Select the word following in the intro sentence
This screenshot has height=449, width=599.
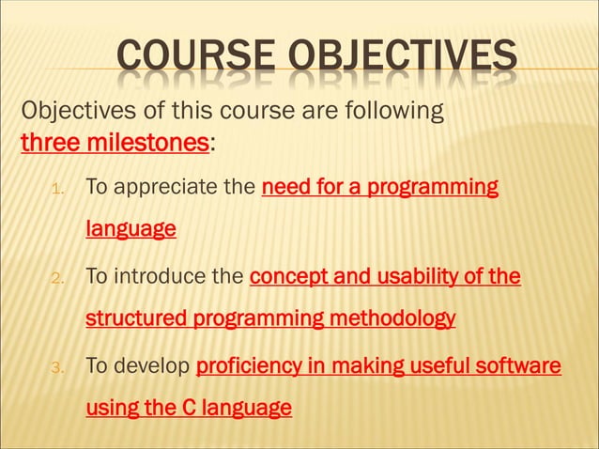click(x=385, y=113)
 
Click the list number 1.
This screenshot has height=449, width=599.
click(x=56, y=189)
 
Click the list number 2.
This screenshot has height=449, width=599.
click(x=56, y=278)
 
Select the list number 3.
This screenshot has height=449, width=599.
click(x=56, y=367)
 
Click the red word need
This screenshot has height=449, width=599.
click(x=284, y=187)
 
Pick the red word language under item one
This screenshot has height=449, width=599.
click(x=131, y=229)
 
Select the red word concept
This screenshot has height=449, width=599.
click(x=285, y=276)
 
